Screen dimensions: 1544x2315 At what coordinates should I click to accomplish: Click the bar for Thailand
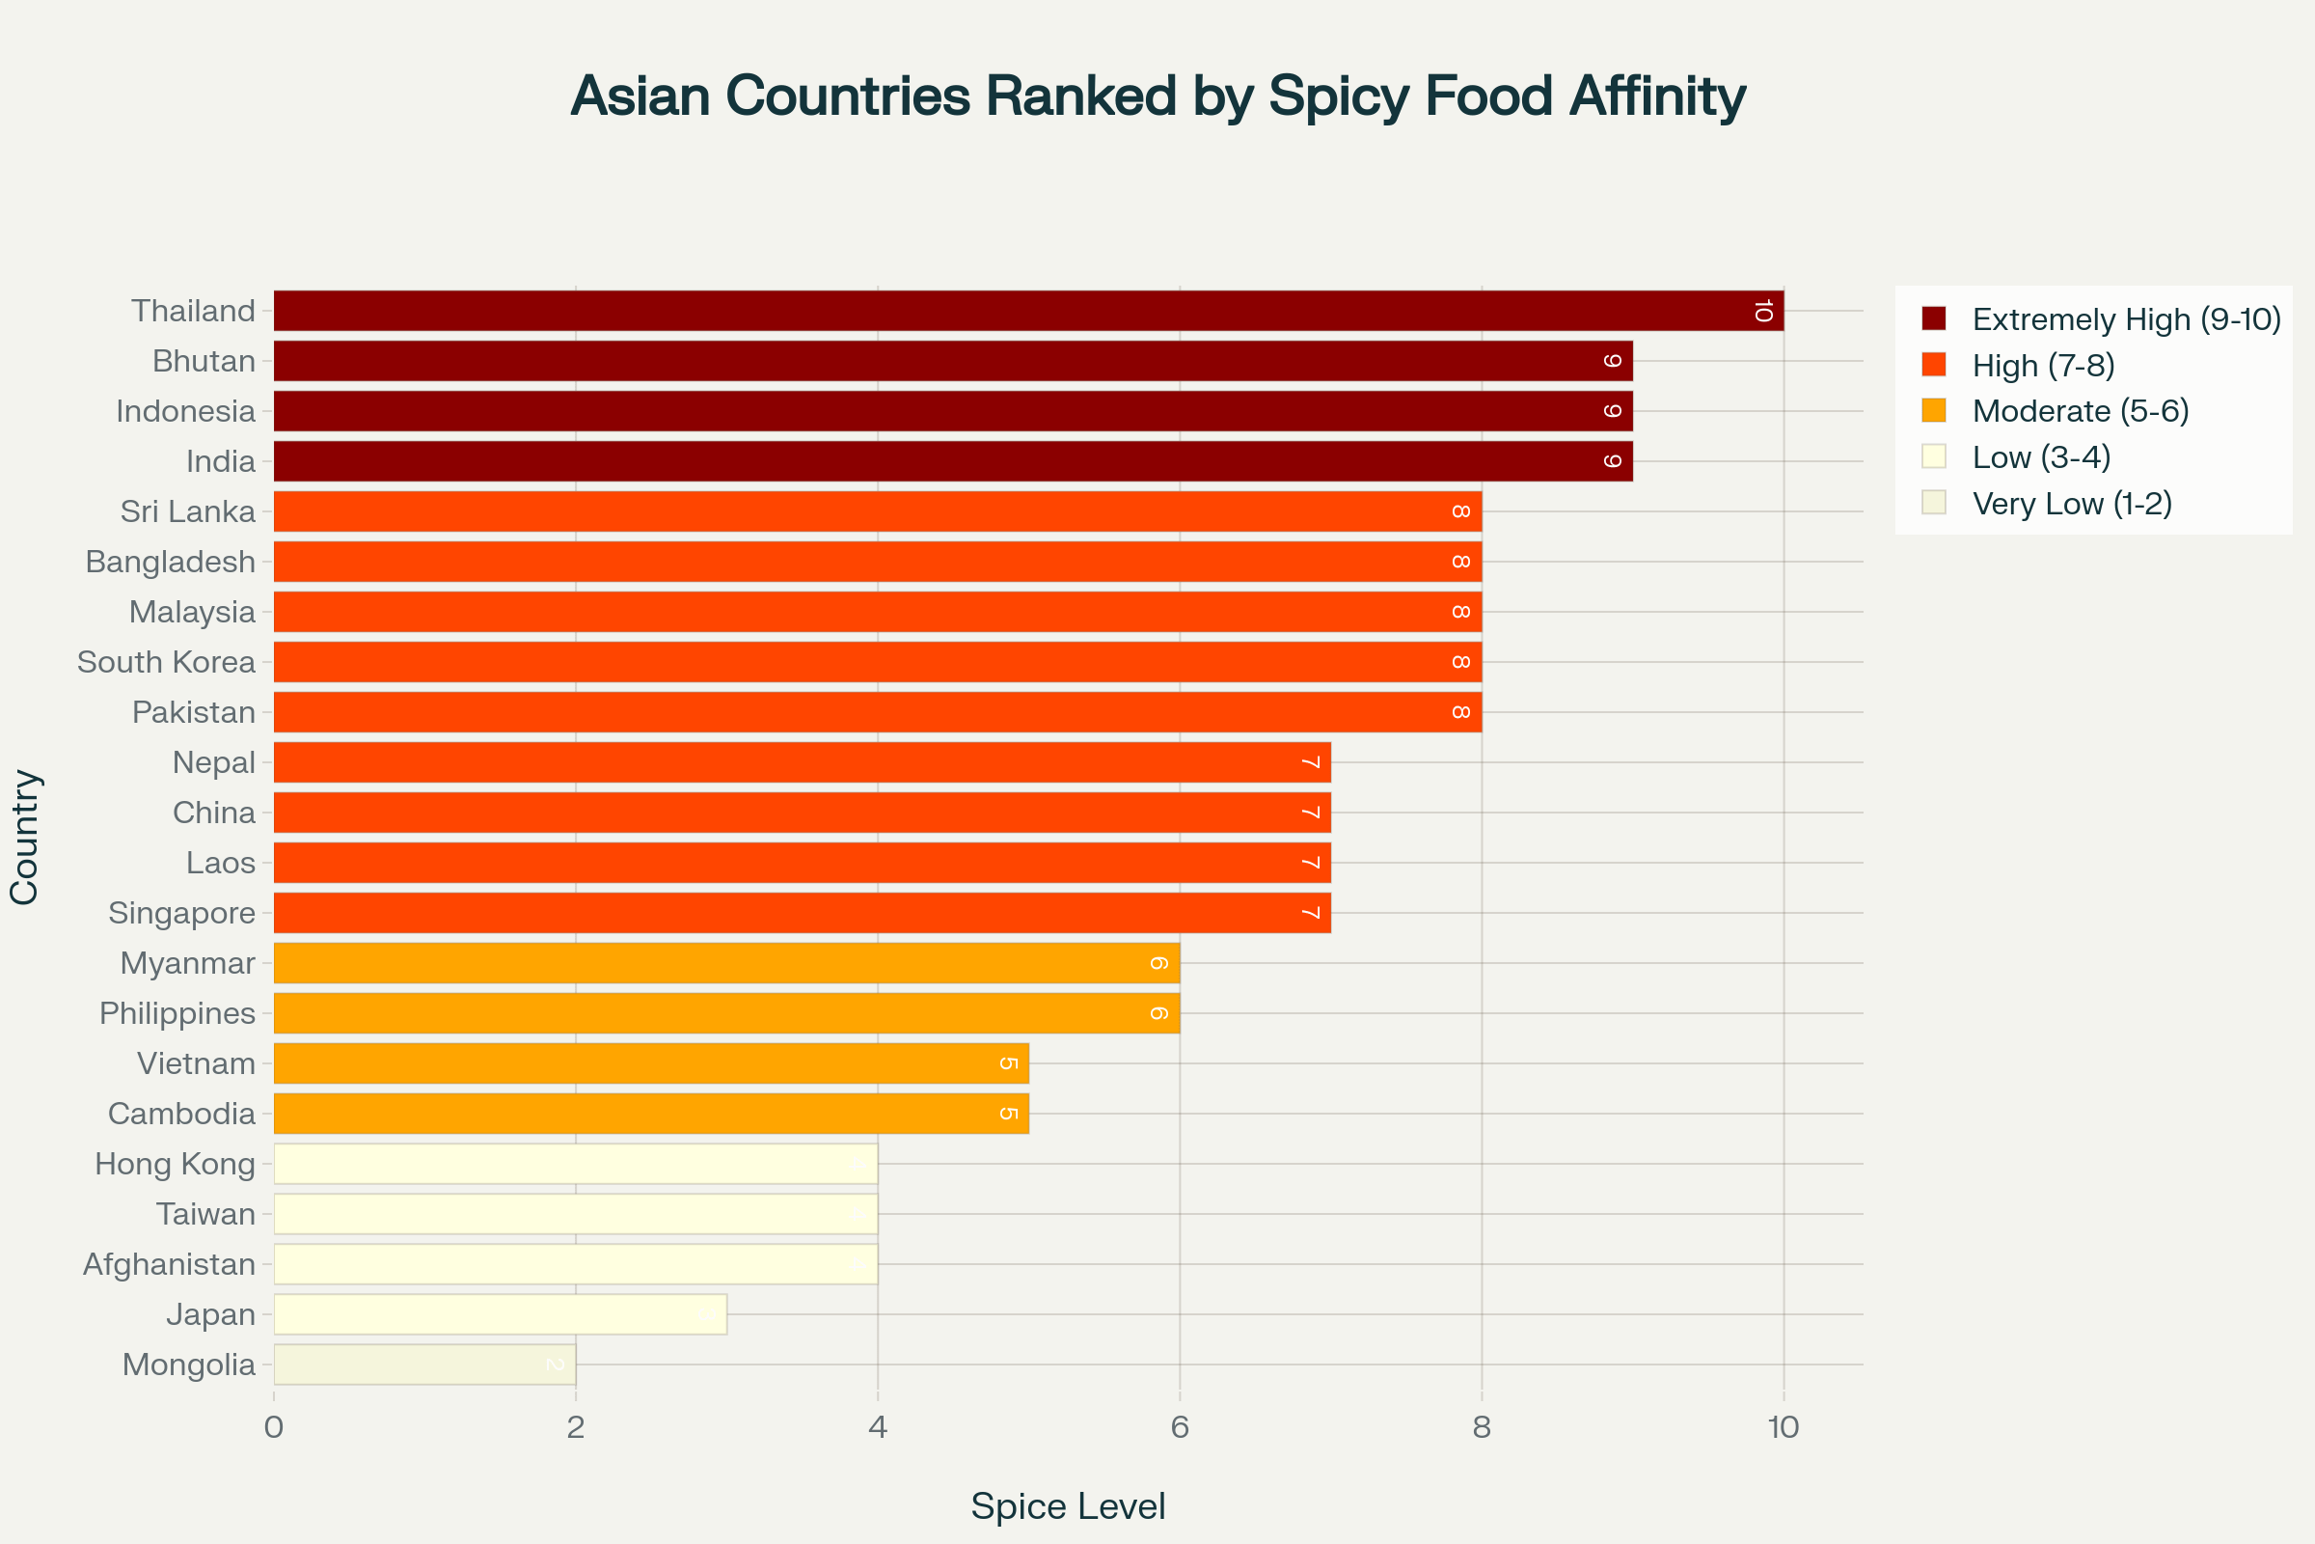tap(1028, 311)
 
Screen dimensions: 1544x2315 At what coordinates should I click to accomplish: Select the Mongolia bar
tap(424, 1365)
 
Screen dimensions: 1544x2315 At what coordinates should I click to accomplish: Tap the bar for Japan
tap(500, 1314)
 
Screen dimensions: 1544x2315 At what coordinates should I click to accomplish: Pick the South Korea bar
tap(877, 662)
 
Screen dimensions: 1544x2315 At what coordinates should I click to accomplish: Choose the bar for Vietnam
tap(650, 1063)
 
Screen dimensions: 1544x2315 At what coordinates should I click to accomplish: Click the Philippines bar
tap(726, 1013)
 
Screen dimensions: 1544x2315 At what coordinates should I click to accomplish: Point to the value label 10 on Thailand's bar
tap(1763, 311)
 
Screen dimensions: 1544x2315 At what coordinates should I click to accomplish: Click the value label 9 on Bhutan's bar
tap(1612, 361)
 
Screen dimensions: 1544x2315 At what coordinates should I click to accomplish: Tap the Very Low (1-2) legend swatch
tap(1933, 503)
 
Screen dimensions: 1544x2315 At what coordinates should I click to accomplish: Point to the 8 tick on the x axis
tap(1482, 1427)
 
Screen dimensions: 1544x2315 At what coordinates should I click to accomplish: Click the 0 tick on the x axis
tap(274, 1427)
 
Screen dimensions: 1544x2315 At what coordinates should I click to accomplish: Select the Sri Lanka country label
tap(188, 512)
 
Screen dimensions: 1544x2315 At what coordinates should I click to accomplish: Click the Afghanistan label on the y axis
tap(170, 1264)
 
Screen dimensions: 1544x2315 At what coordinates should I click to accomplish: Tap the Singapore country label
tap(182, 913)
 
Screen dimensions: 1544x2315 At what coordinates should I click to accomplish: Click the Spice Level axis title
tap(1068, 1506)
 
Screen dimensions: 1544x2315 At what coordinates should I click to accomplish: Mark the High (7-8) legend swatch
tap(1933, 366)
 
